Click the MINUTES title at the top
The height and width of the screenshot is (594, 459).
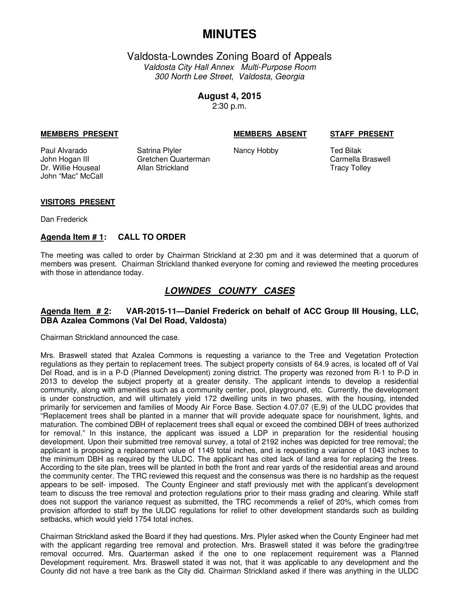[x=229, y=34]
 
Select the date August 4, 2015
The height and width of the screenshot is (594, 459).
[x=229, y=96]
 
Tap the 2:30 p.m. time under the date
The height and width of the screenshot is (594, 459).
[x=229, y=106]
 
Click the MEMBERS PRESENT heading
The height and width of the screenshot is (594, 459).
[x=79, y=134]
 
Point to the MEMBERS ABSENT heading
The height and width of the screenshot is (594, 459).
[x=270, y=134]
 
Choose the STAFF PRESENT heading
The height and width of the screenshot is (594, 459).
[x=361, y=134]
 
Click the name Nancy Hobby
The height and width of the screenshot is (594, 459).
[x=256, y=150]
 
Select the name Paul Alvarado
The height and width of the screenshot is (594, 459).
[x=64, y=150]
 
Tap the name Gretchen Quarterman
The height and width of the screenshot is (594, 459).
[x=173, y=159]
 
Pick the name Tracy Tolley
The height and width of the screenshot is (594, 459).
[x=350, y=168]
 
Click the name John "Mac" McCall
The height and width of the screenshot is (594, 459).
[x=72, y=176]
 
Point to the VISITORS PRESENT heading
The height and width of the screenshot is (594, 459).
[x=78, y=202]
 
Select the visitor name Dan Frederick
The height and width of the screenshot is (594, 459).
[x=64, y=219]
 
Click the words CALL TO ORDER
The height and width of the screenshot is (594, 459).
[x=152, y=237]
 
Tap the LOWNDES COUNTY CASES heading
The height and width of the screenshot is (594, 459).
[x=229, y=291]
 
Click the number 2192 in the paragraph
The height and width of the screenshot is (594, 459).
[x=270, y=442]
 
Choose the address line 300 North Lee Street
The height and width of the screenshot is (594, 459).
[x=229, y=77]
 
